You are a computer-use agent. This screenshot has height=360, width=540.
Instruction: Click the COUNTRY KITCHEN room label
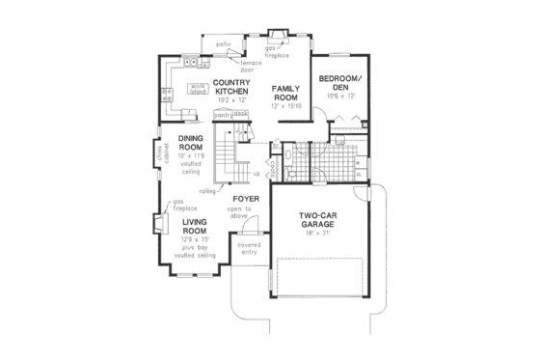click(x=232, y=86)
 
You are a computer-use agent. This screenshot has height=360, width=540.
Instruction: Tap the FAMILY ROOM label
click(x=285, y=91)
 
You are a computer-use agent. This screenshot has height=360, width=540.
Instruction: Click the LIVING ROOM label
click(x=196, y=225)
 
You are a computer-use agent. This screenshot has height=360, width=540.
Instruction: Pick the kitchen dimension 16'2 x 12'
click(x=232, y=99)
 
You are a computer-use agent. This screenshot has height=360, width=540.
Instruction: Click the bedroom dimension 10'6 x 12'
click(x=341, y=95)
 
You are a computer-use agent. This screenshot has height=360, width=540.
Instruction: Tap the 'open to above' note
click(x=241, y=213)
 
